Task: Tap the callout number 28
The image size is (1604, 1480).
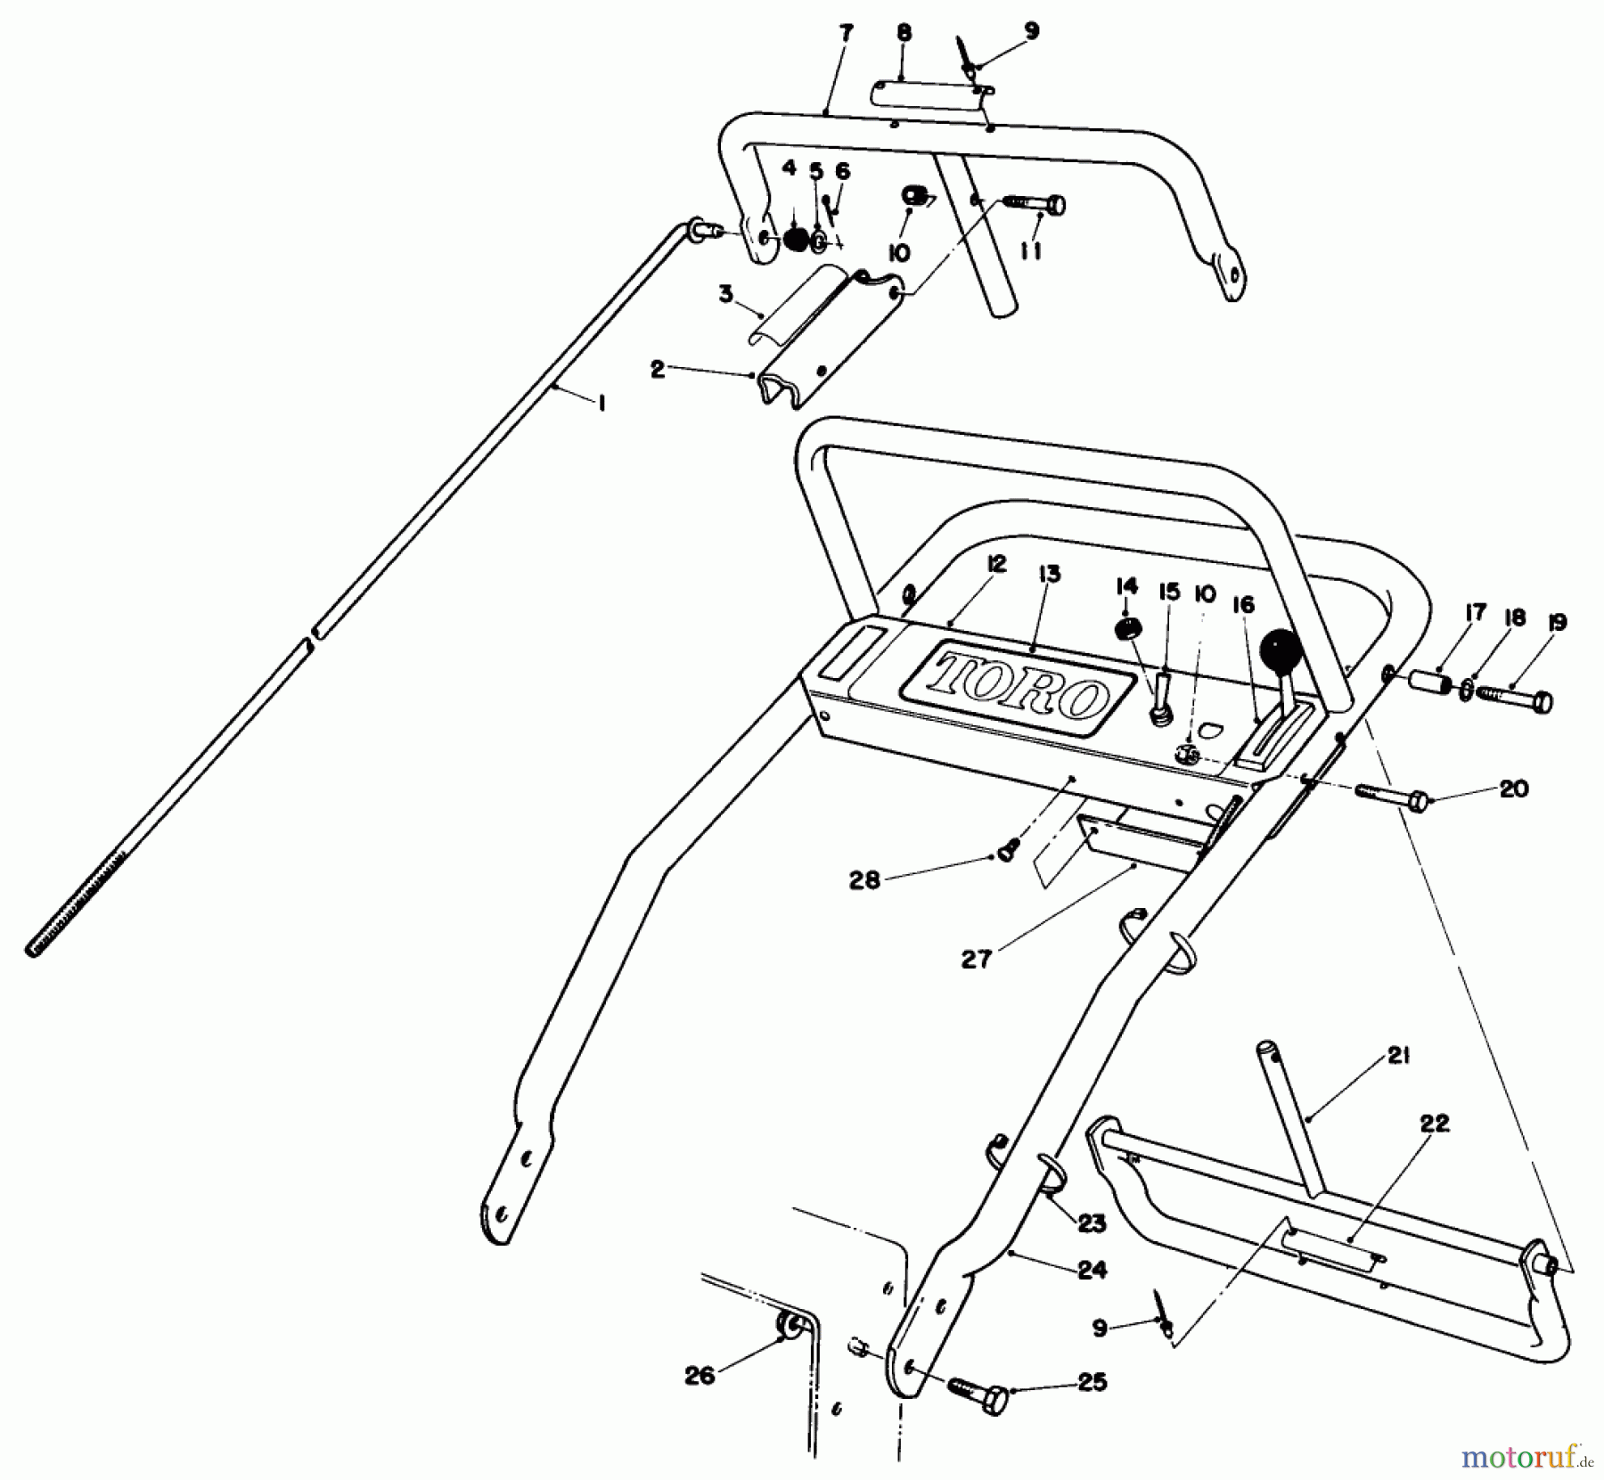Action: [x=864, y=880]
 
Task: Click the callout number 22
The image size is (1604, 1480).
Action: [x=1435, y=1124]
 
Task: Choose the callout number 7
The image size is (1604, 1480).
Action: [x=845, y=34]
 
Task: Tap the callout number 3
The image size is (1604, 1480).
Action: [x=726, y=294]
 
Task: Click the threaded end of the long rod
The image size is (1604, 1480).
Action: [x=75, y=900]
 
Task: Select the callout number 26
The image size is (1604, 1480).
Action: [x=700, y=1377]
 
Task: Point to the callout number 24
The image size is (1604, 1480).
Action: [x=1092, y=1270]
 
